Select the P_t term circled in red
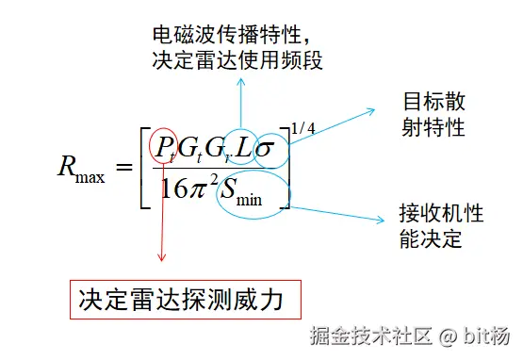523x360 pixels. pyautogui.click(x=162, y=146)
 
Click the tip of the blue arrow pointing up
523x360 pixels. pyautogui.click(x=241, y=81)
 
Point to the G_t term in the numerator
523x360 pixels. pyautogui.click(x=190, y=146)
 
